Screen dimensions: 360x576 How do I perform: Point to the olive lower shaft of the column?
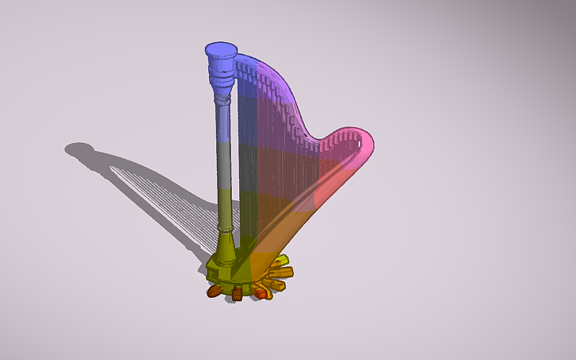coord(226,207)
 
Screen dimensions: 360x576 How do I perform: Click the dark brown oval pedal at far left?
coord(214,292)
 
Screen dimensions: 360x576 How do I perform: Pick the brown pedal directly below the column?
coord(236,296)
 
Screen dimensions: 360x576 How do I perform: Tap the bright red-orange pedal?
coord(260,294)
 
